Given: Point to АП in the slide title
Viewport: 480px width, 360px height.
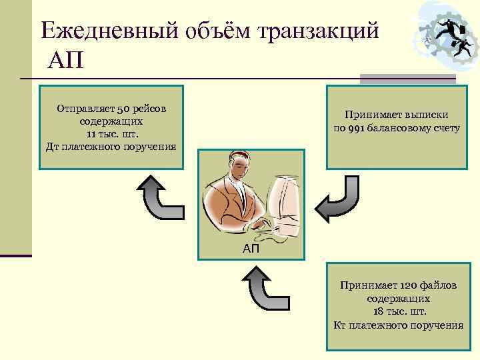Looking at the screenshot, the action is [65, 63].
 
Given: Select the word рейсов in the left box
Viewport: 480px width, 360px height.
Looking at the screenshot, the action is [151, 109].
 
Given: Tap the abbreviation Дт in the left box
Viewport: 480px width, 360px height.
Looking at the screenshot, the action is [53, 147].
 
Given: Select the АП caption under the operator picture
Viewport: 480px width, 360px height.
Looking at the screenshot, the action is [251, 249].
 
